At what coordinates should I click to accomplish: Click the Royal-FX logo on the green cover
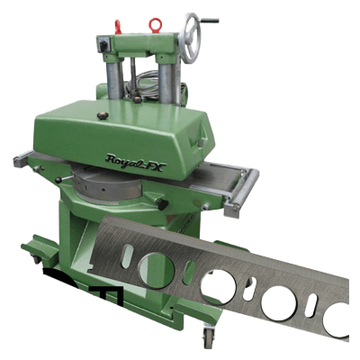(x=135, y=163)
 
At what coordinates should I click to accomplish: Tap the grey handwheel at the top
(x=189, y=38)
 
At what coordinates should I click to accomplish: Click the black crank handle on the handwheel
(x=209, y=21)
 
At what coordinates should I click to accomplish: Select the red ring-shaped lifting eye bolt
(x=156, y=25)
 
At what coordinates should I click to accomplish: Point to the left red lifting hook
(x=118, y=27)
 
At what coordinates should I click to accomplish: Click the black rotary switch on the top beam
(x=103, y=45)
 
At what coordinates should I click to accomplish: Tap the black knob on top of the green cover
(x=103, y=116)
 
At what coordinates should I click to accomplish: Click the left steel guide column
(x=115, y=79)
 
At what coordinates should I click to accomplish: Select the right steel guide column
(x=167, y=83)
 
